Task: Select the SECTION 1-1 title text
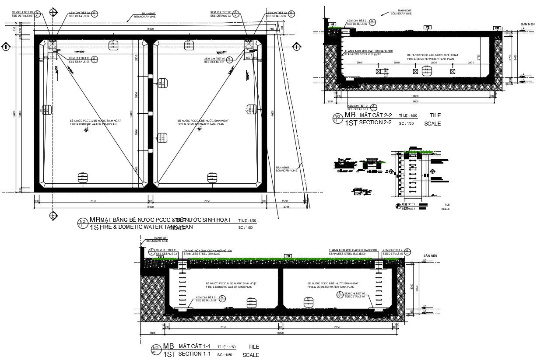(x=195, y=353)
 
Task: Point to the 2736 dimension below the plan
(x=286, y=206)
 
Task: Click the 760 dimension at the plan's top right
(x=271, y=29)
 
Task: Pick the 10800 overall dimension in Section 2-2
(x=414, y=101)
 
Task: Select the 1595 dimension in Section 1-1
(x=152, y=333)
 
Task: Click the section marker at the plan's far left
(x=6, y=46)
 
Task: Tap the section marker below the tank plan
(x=53, y=215)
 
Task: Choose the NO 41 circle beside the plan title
(x=82, y=223)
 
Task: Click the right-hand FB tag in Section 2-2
(x=497, y=28)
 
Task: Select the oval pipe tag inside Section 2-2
(x=426, y=70)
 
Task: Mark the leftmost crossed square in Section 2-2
(x=379, y=71)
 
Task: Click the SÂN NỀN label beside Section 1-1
(x=430, y=255)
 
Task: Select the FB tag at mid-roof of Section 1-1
(x=288, y=255)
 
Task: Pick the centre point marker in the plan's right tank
(x=200, y=129)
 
